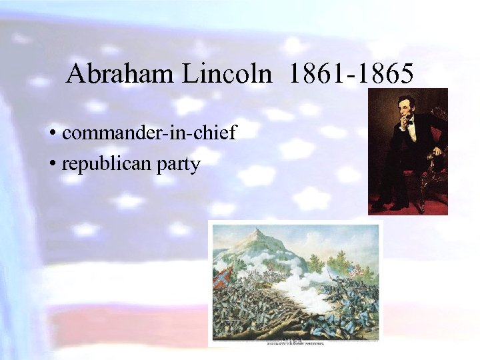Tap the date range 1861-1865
pos(351,73)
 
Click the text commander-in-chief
pos(149,133)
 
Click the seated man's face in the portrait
pos(405,105)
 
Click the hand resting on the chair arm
pos(437,151)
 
